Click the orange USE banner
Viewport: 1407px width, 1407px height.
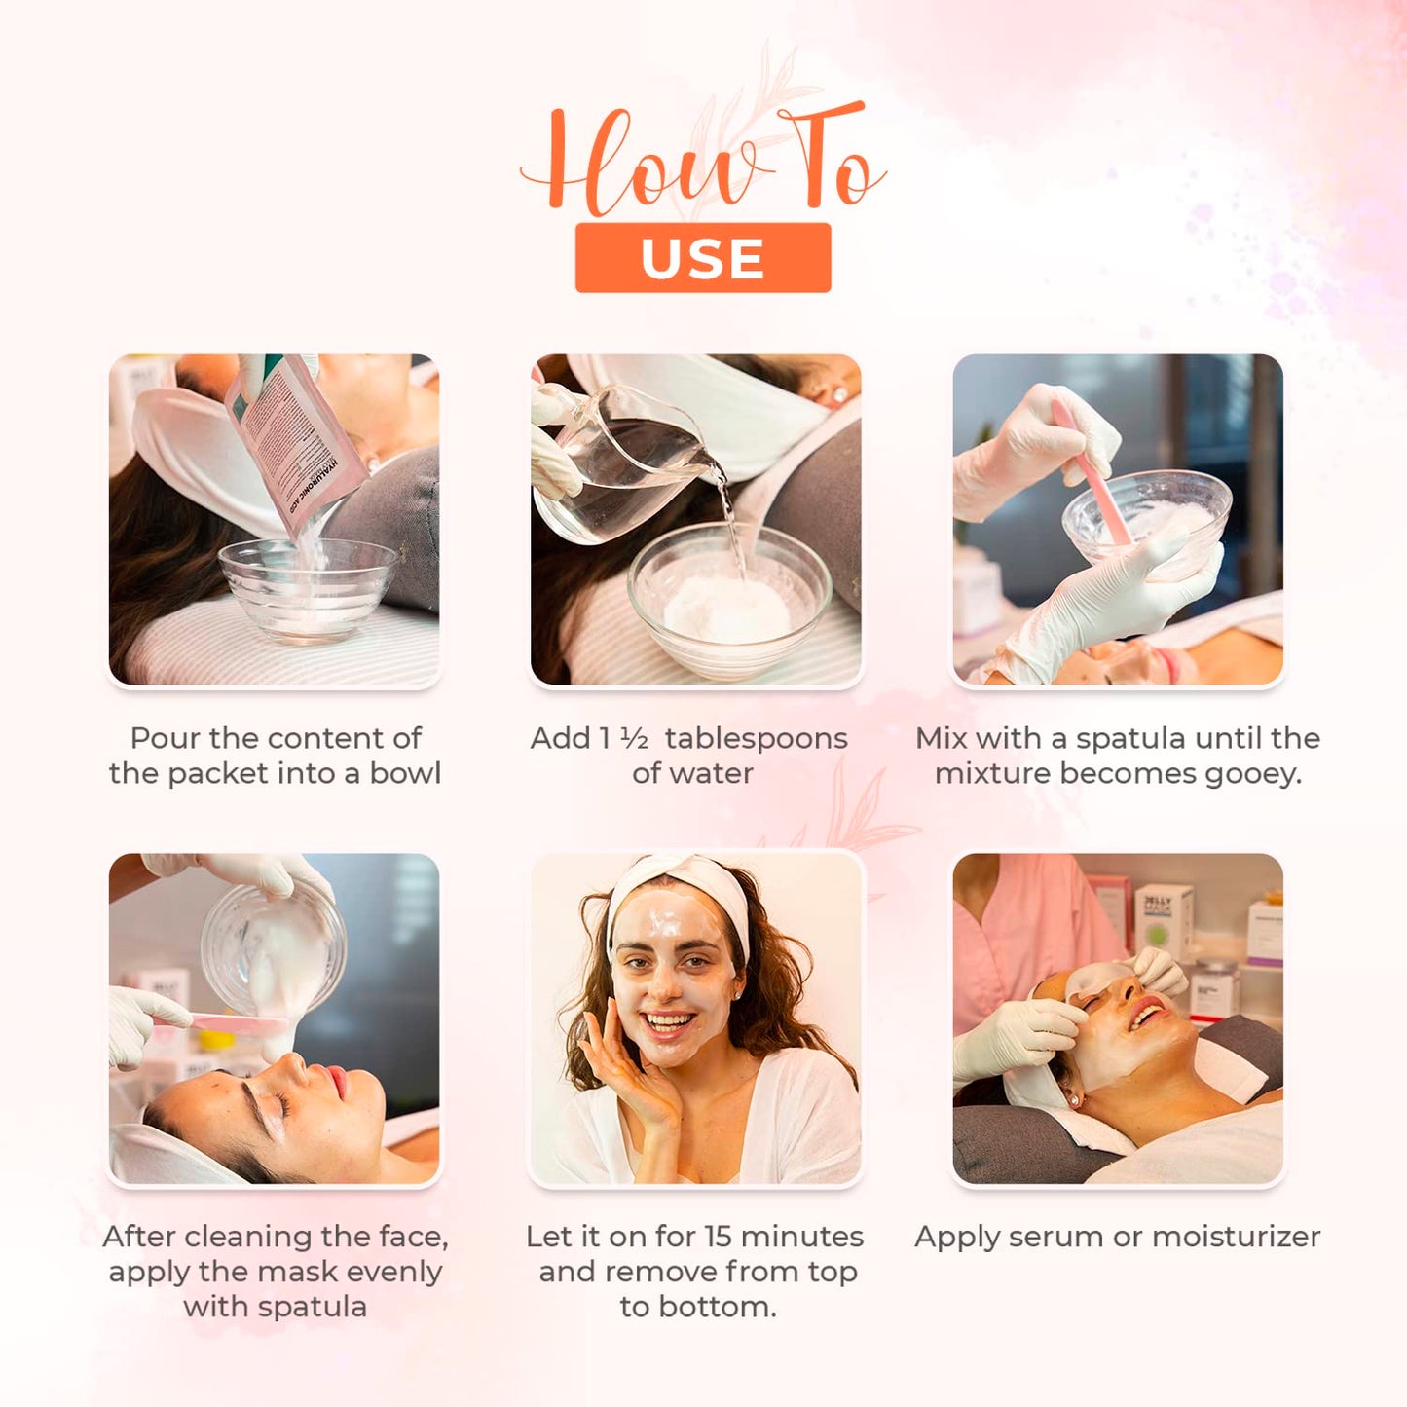702,258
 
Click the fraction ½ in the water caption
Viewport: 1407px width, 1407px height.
634,738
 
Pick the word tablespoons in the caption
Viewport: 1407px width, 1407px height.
756,739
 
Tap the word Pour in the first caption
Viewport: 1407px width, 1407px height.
161,738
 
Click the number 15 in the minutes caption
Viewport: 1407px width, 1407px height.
718,1237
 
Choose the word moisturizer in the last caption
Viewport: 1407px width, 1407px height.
1236,1237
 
